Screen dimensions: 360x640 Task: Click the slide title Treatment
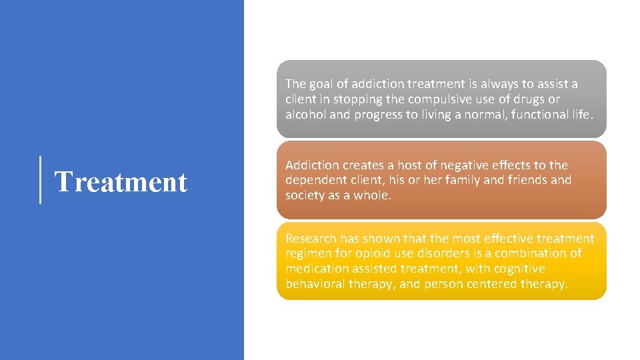point(120,181)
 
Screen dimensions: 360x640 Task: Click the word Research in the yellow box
point(311,239)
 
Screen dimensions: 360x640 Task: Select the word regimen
point(308,254)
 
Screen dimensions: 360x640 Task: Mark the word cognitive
point(519,269)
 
